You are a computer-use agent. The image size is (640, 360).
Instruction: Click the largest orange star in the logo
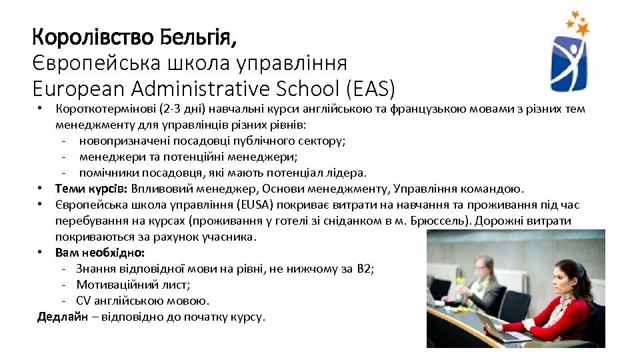pos(583,29)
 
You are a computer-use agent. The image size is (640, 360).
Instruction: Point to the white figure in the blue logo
pos(568,60)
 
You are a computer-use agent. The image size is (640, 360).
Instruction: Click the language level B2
pos(364,269)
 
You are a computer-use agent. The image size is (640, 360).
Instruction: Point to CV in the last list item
pos(84,301)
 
